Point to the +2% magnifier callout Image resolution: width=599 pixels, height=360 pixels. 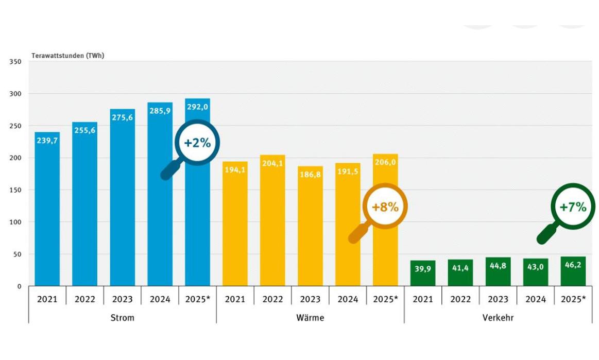(x=197, y=143)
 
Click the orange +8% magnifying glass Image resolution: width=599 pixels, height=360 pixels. (x=385, y=207)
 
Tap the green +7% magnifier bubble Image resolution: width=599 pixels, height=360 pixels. (x=573, y=207)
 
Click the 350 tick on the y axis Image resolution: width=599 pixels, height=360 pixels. (x=15, y=62)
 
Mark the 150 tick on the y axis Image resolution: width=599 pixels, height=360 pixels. (x=15, y=190)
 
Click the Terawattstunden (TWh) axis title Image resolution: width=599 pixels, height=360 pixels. (x=67, y=56)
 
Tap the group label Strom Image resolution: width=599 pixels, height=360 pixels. (x=122, y=318)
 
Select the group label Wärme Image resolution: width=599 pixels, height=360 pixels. (x=310, y=318)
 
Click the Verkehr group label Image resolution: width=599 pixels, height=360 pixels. (x=498, y=318)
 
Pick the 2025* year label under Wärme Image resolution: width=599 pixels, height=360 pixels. (x=385, y=299)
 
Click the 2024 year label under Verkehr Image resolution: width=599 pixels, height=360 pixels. (x=536, y=299)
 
